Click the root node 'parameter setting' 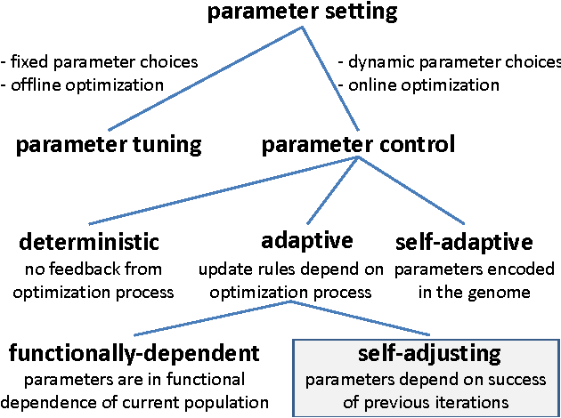(x=302, y=13)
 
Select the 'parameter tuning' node (x=109, y=145)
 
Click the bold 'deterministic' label (x=90, y=241)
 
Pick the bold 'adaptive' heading (x=307, y=241)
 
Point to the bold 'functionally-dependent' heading (x=134, y=353)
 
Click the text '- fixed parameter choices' (x=99, y=62)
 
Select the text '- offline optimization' (x=83, y=84)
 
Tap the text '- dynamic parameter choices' (x=449, y=62)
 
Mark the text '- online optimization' (x=419, y=84)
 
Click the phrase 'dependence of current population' (x=134, y=401)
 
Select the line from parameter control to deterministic (x=223, y=190)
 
